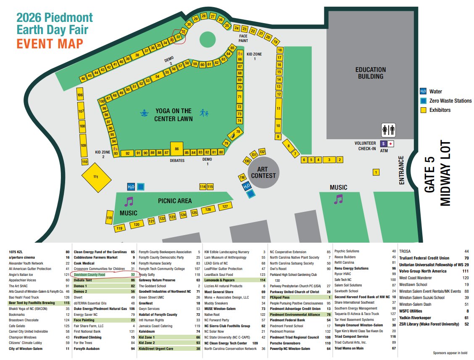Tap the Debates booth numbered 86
click(176, 149)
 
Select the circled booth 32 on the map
click(179, 37)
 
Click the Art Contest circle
click(263, 172)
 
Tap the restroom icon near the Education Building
click(388, 130)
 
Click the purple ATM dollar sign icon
click(383, 144)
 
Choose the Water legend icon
click(423, 91)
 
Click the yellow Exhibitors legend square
click(423, 110)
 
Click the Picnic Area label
click(175, 201)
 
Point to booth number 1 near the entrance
click(376, 172)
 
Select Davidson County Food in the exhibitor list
click(90, 274)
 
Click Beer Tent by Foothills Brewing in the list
click(32, 303)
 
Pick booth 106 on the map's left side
click(80, 95)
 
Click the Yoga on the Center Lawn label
click(173, 114)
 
